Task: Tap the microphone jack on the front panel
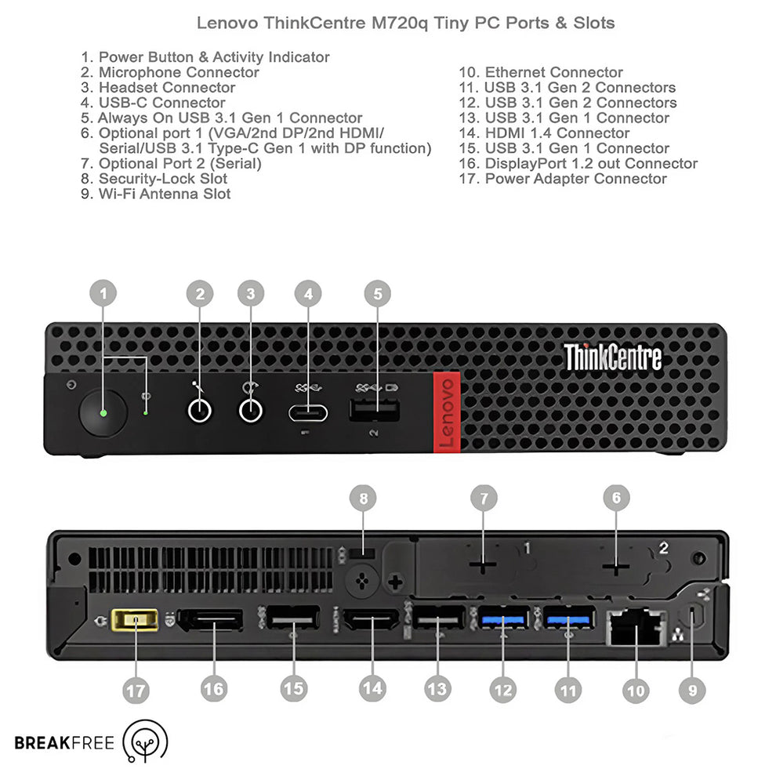201,410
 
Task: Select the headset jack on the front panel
250,410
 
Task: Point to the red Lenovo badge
446,412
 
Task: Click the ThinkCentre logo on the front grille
613,357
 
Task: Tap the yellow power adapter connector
136,622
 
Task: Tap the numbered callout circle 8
363,498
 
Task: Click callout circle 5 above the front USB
378,294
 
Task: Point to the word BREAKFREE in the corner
64,742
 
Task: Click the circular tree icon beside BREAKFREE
146,740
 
